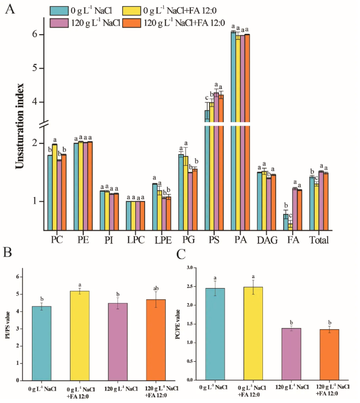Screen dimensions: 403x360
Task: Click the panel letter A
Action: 9,9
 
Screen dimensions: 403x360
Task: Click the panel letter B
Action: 9,252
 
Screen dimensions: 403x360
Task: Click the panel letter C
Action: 181,252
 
